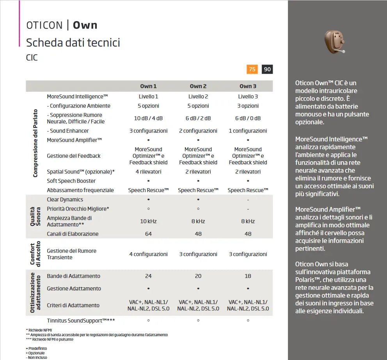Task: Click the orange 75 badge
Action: [x=252, y=70]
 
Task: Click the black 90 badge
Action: [x=267, y=70]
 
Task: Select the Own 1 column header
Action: [x=148, y=86]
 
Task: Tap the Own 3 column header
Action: [x=248, y=86]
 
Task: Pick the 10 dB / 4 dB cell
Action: [x=148, y=118]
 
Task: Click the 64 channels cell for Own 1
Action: [x=148, y=234]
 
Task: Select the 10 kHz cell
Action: [x=148, y=221]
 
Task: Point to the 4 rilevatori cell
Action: [x=148, y=172]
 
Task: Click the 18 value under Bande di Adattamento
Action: [x=248, y=276]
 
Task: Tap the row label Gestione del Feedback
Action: [x=74, y=156]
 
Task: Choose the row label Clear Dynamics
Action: [x=65, y=200]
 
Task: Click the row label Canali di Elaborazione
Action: [x=73, y=234]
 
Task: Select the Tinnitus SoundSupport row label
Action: [x=81, y=321]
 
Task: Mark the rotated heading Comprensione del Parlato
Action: [x=36, y=143]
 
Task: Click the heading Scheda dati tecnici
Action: [x=73, y=42]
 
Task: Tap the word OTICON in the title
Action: [x=44, y=25]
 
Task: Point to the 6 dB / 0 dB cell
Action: [x=248, y=118]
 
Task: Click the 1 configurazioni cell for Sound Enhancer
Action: [x=248, y=131]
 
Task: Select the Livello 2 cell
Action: [x=198, y=96]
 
